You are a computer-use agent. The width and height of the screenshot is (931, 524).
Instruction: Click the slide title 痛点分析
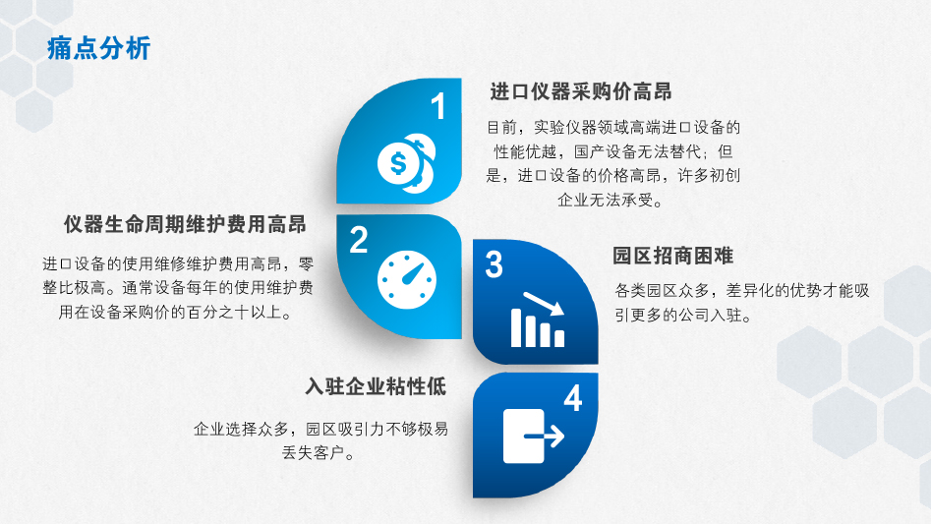(98, 48)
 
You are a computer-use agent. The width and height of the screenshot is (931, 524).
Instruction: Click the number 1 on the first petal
(438, 106)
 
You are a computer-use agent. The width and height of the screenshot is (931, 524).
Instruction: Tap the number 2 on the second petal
(358, 240)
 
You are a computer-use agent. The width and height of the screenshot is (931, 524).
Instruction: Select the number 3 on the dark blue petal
(494, 264)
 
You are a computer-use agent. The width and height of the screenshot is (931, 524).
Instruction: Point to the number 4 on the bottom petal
(573, 398)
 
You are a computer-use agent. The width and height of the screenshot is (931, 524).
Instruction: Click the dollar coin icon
(407, 163)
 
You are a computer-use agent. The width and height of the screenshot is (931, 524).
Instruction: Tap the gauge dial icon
(407, 280)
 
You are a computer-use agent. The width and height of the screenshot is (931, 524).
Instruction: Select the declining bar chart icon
(538, 320)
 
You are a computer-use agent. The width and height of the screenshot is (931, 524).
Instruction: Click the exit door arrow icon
(533, 437)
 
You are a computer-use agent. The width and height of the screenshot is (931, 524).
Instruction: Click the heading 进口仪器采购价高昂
(581, 92)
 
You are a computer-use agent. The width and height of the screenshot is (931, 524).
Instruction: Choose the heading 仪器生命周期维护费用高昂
(185, 224)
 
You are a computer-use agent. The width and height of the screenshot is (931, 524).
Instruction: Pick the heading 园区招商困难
(673, 256)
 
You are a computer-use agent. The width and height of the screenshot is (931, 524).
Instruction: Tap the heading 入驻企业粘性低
(376, 386)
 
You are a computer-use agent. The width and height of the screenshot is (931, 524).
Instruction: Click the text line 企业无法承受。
(611, 200)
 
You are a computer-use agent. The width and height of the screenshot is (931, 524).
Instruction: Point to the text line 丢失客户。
(320, 453)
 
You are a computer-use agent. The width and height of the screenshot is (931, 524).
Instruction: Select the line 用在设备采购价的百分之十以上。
(176, 313)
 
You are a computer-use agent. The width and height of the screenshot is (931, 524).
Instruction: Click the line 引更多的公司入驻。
(683, 316)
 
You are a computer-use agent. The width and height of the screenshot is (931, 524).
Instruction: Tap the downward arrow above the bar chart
(544, 303)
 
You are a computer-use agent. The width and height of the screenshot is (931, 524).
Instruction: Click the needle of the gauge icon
(414, 272)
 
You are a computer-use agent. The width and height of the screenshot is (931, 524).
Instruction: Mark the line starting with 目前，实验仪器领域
(613, 127)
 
